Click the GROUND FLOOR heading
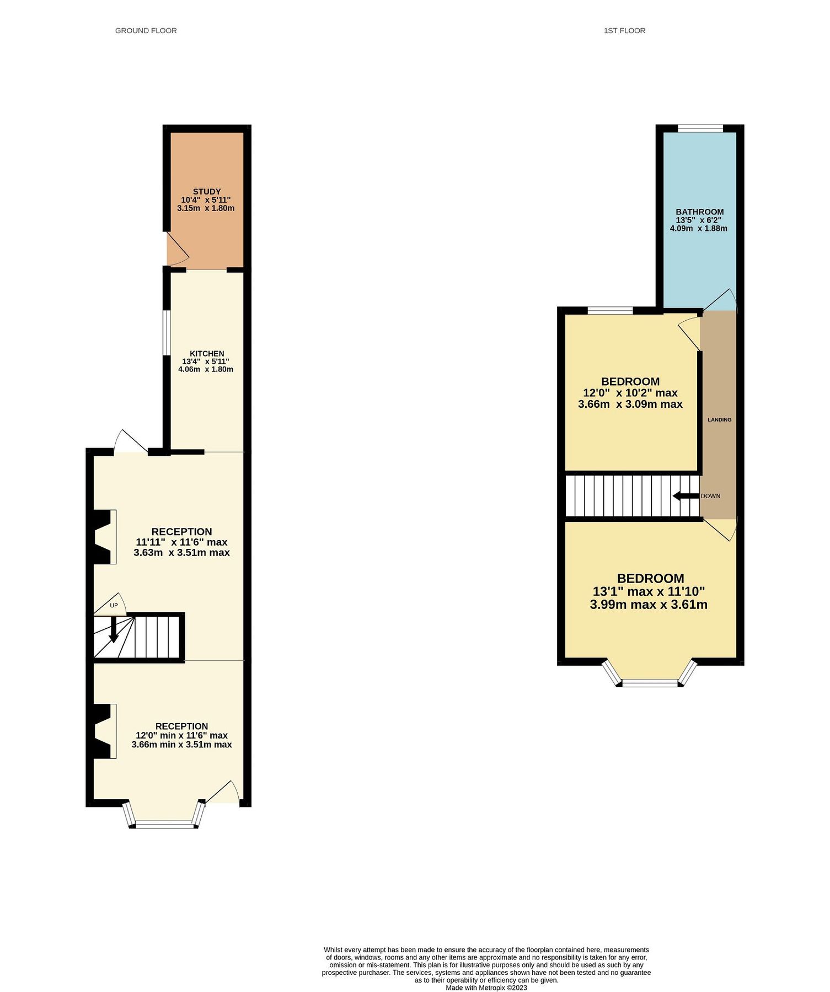point(146,31)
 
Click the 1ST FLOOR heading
point(624,31)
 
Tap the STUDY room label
point(207,192)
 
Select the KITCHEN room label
point(207,354)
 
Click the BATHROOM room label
point(699,212)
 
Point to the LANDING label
point(719,420)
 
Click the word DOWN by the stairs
point(710,496)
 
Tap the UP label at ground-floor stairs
point(114,606)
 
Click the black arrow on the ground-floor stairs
point(113,630)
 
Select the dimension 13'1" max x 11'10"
point(649,592)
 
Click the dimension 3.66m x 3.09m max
point(630,405)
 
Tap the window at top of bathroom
point(700,128)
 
